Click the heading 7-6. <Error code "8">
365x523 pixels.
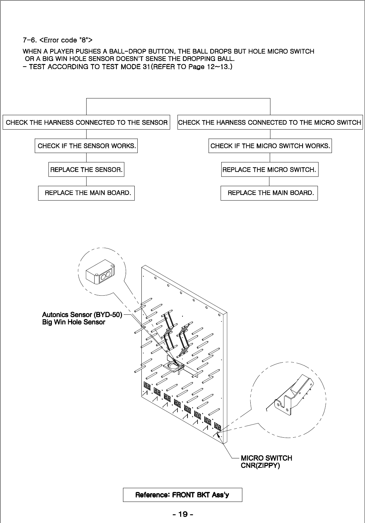[x=57, y=40]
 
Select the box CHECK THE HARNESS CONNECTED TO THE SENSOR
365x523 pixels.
[x=87, y=123]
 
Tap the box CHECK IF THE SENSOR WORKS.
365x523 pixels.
[x=86, y=146]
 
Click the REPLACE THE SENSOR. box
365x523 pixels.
[x=86, y=170]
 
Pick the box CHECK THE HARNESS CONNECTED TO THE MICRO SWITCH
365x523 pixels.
[x=269, y=123]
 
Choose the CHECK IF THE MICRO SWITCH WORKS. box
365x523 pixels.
[x=270, y=146]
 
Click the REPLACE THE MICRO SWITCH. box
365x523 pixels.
[x=269, y=170]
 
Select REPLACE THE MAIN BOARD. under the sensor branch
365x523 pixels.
[x=86, y=193]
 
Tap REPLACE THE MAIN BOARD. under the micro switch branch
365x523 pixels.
[x=269, y=193]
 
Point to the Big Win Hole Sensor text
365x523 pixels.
[x=74, y=322]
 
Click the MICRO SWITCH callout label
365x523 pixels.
[x=266, y=458]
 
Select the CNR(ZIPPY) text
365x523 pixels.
[x=260, y=465]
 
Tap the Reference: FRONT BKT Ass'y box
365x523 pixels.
[x=182, y=495]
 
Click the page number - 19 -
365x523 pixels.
[x=183, y=514]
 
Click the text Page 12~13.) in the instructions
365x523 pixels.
[x=210, y=67]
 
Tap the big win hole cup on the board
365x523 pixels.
[x=172, y=365]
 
